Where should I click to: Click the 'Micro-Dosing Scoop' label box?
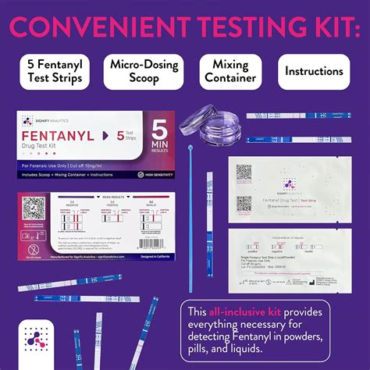click(146, 71)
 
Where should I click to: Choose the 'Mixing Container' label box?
click(229, 71)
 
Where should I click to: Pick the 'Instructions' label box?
click(314, 71)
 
